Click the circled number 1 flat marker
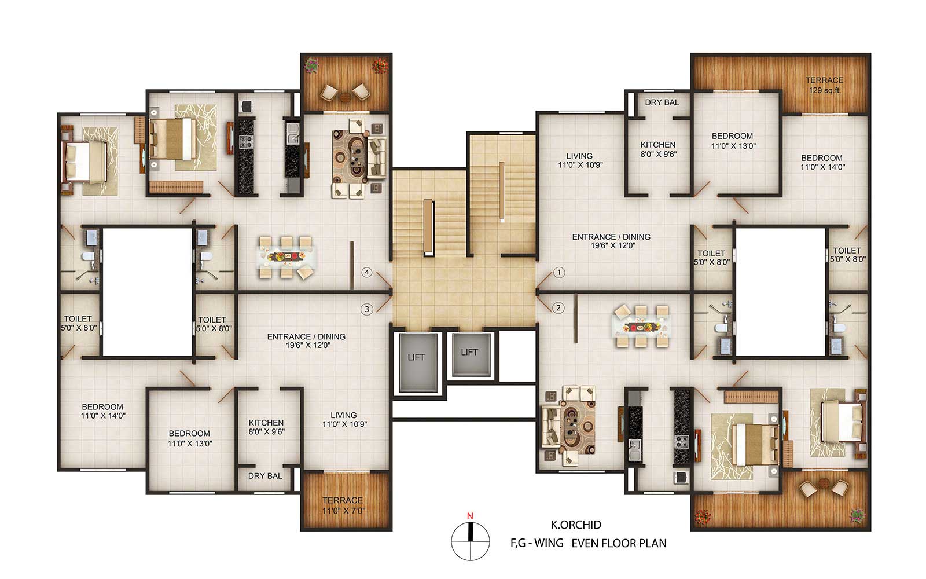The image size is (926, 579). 559,273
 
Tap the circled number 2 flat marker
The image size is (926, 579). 558,307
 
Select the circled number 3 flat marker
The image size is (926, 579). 367,309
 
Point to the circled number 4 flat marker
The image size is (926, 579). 367,272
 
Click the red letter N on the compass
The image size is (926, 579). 470,516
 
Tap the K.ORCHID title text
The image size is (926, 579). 576,525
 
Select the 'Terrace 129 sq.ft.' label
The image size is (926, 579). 824,85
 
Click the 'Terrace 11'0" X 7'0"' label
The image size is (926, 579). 343,505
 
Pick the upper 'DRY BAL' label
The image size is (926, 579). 662,102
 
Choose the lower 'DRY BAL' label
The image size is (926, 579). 265,476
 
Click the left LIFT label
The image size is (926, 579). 416,357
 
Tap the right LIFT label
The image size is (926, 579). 469,352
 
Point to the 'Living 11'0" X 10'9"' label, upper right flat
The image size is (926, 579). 580,160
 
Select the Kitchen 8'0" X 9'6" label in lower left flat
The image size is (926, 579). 266,427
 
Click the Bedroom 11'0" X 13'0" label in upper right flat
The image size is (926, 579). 733,141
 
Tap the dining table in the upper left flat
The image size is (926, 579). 286,257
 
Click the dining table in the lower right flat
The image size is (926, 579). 641,327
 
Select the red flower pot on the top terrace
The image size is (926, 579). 380,65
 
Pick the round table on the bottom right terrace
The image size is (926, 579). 824,483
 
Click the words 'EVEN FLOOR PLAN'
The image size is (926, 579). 619,544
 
